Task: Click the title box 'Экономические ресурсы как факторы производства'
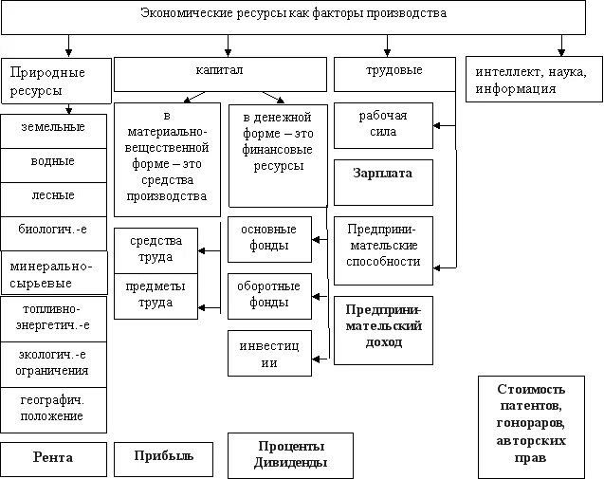(293, 14)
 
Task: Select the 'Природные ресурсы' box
(55, 82)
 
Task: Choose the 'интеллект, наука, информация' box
(534, 81)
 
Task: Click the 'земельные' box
(53, 129)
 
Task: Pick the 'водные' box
(53, 162)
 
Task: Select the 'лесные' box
(53, 196)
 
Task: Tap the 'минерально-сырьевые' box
(53, 274)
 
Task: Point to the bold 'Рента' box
(53, 459)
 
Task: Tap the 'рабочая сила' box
(383, 125)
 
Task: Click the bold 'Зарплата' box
(383, 176)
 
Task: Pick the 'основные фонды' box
(269, 239)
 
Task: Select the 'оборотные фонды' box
(269, 295)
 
